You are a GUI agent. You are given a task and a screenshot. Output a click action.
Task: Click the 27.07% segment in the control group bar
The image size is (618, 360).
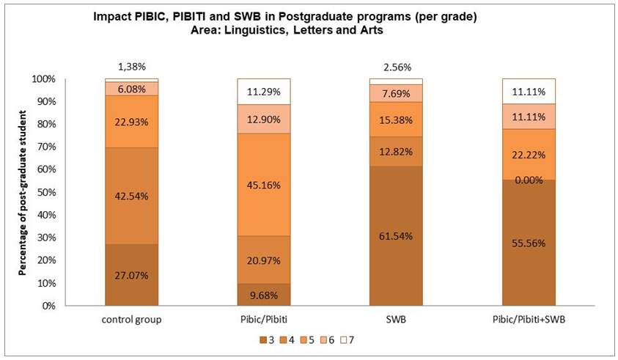132,276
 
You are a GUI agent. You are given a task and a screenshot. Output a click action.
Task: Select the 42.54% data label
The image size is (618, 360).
132,196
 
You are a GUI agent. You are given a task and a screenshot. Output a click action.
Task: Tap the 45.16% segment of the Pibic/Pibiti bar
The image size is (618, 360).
264,185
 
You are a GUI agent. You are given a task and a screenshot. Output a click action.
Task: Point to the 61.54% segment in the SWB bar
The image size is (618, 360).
397,236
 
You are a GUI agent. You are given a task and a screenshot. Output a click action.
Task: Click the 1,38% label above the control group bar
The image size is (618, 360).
132,66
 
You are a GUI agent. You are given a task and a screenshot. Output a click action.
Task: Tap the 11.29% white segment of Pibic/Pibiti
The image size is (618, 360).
264,92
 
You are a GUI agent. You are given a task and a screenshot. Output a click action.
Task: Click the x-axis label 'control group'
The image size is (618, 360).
132,320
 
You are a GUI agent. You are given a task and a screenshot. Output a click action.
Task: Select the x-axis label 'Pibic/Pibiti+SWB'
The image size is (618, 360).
529,320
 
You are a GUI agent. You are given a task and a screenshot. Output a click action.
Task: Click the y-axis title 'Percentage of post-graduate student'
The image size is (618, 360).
23,192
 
